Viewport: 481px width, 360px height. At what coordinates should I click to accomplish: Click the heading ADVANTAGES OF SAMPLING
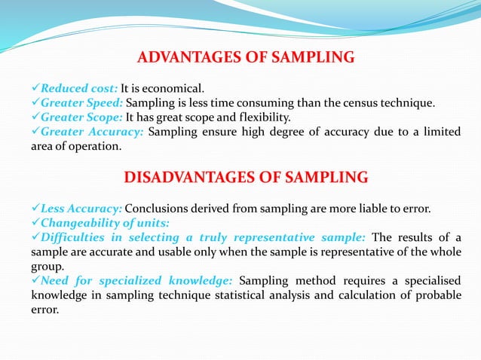click(x=246, y=57)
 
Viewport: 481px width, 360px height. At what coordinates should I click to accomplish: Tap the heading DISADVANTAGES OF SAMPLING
click(x=246, y=178)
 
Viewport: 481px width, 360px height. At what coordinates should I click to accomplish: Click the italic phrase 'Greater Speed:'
click(x=83, y=102)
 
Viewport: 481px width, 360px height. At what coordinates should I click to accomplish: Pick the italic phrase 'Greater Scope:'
click(x=82, y=117)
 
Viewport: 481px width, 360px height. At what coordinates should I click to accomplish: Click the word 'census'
click(x=366, y=102)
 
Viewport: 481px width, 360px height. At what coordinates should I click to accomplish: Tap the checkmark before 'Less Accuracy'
click(x=35, y=208)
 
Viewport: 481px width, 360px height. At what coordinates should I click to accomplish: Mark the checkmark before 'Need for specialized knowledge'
click(x=35, y=280)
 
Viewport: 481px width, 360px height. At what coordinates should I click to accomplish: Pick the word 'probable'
click(x=437, y=294)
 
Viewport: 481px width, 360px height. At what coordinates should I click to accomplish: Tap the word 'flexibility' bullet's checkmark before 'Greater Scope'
click(x=35, y=117)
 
